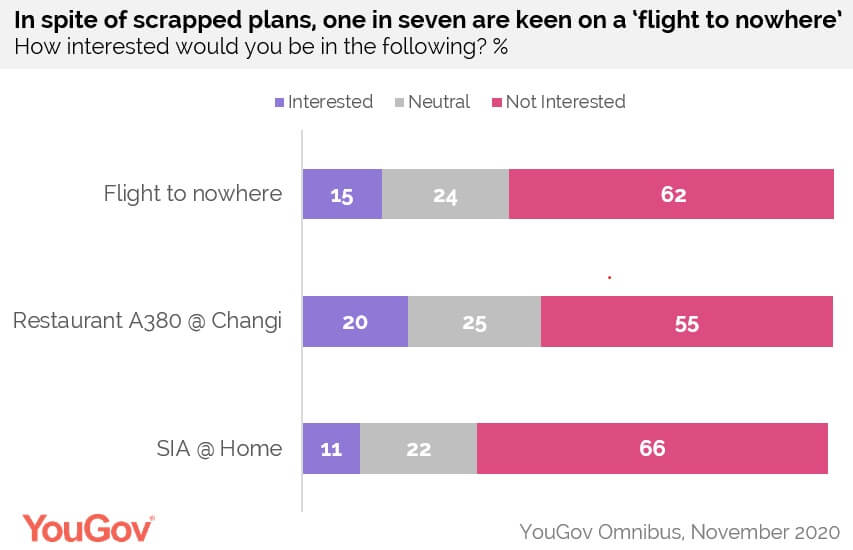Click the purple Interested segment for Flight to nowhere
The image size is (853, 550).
[x=342, y=194]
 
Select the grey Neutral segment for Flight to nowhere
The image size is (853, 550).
[x=445, y=194]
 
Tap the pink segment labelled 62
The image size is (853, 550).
[x=671, y=194]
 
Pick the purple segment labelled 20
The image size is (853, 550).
[x=355, y=322]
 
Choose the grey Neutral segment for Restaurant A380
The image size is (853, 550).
[x=474, y=322]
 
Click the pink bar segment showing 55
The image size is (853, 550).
[x=686, y=322]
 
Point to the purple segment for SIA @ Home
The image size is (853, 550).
[x=331, y=448]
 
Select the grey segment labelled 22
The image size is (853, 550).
[x=418, y=448]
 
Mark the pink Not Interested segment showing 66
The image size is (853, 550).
[x=652, y=448]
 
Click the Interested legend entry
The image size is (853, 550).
[x=323, y=102]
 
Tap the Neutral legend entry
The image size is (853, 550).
[x=432, y=102]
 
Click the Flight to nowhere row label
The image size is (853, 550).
[x=193, y=194]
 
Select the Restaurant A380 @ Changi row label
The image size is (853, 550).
[x=147, y=322]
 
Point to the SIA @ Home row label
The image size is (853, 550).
[x=220, y=448]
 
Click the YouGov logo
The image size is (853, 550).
[x=89, y=527]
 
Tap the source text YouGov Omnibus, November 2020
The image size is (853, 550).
[x=680, y=529]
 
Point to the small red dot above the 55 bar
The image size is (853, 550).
[x=609, y=276]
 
